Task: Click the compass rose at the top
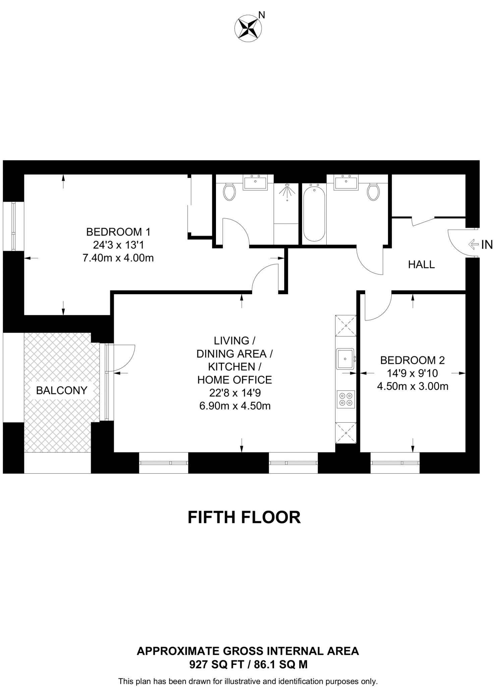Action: coord(248,29)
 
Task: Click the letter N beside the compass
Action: coord(262,15)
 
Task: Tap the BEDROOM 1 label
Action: coord(118,232)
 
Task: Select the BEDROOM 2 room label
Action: coord(412,360)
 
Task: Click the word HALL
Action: coord(421,265)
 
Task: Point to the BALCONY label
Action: coord(61,390)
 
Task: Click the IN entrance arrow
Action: coord(474,245)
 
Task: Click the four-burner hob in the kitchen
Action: coord(346,399)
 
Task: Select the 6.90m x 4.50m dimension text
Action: coord(235,406)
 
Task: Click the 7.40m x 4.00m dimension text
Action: coord(118,258)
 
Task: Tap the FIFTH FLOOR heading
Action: coord(244,517)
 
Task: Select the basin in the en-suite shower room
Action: coord(255,183)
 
